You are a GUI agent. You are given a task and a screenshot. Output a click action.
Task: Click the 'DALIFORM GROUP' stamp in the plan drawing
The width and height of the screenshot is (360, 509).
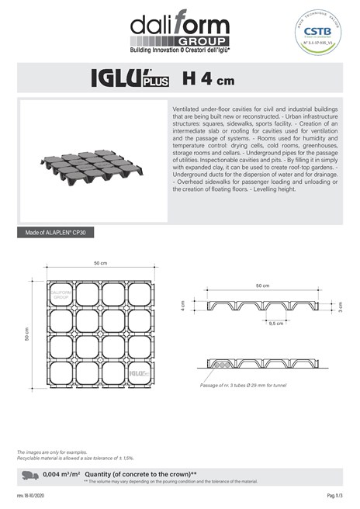(x=61, y=295)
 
